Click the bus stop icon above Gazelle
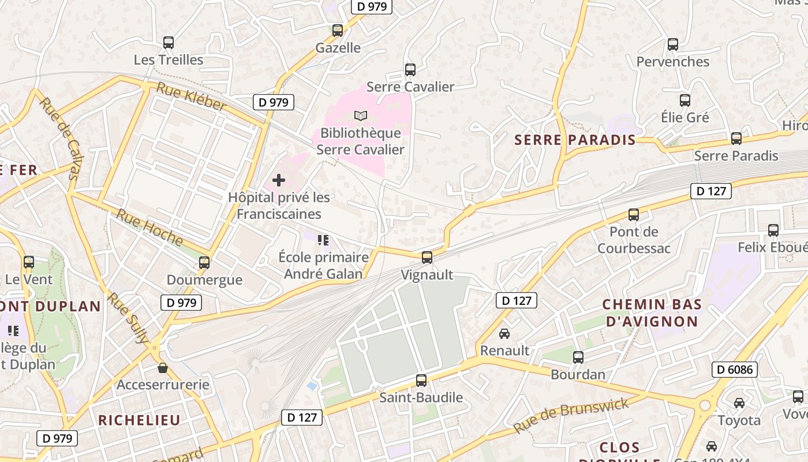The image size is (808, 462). tap(338, 31)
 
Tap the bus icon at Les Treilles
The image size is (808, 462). tap(169, 43)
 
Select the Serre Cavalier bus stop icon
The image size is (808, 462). tap(410, 70)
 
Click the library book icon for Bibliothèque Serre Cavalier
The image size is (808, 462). tap(361, 116)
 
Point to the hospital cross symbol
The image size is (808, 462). tap(279, 180)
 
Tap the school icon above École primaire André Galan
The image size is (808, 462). tap(323, 240)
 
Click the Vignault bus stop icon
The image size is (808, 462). tap(427, 258)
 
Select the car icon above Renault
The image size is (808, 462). tap(504, 334)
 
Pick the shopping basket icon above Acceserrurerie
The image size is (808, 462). tap(163, 368)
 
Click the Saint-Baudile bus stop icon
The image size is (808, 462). tap(421, 381)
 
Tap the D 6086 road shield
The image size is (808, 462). tap(734, 370)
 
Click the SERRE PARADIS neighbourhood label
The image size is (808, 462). tap(575, 140)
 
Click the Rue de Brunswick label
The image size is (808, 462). tap(571, 416)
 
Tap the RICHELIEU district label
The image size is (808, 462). tap(139, 420)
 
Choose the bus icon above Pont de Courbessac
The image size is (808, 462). tap(634, 215)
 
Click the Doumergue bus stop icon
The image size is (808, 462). tap(204, 263)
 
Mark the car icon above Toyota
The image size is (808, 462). tap(739, 403)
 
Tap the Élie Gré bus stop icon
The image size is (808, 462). tap(685, 100)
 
